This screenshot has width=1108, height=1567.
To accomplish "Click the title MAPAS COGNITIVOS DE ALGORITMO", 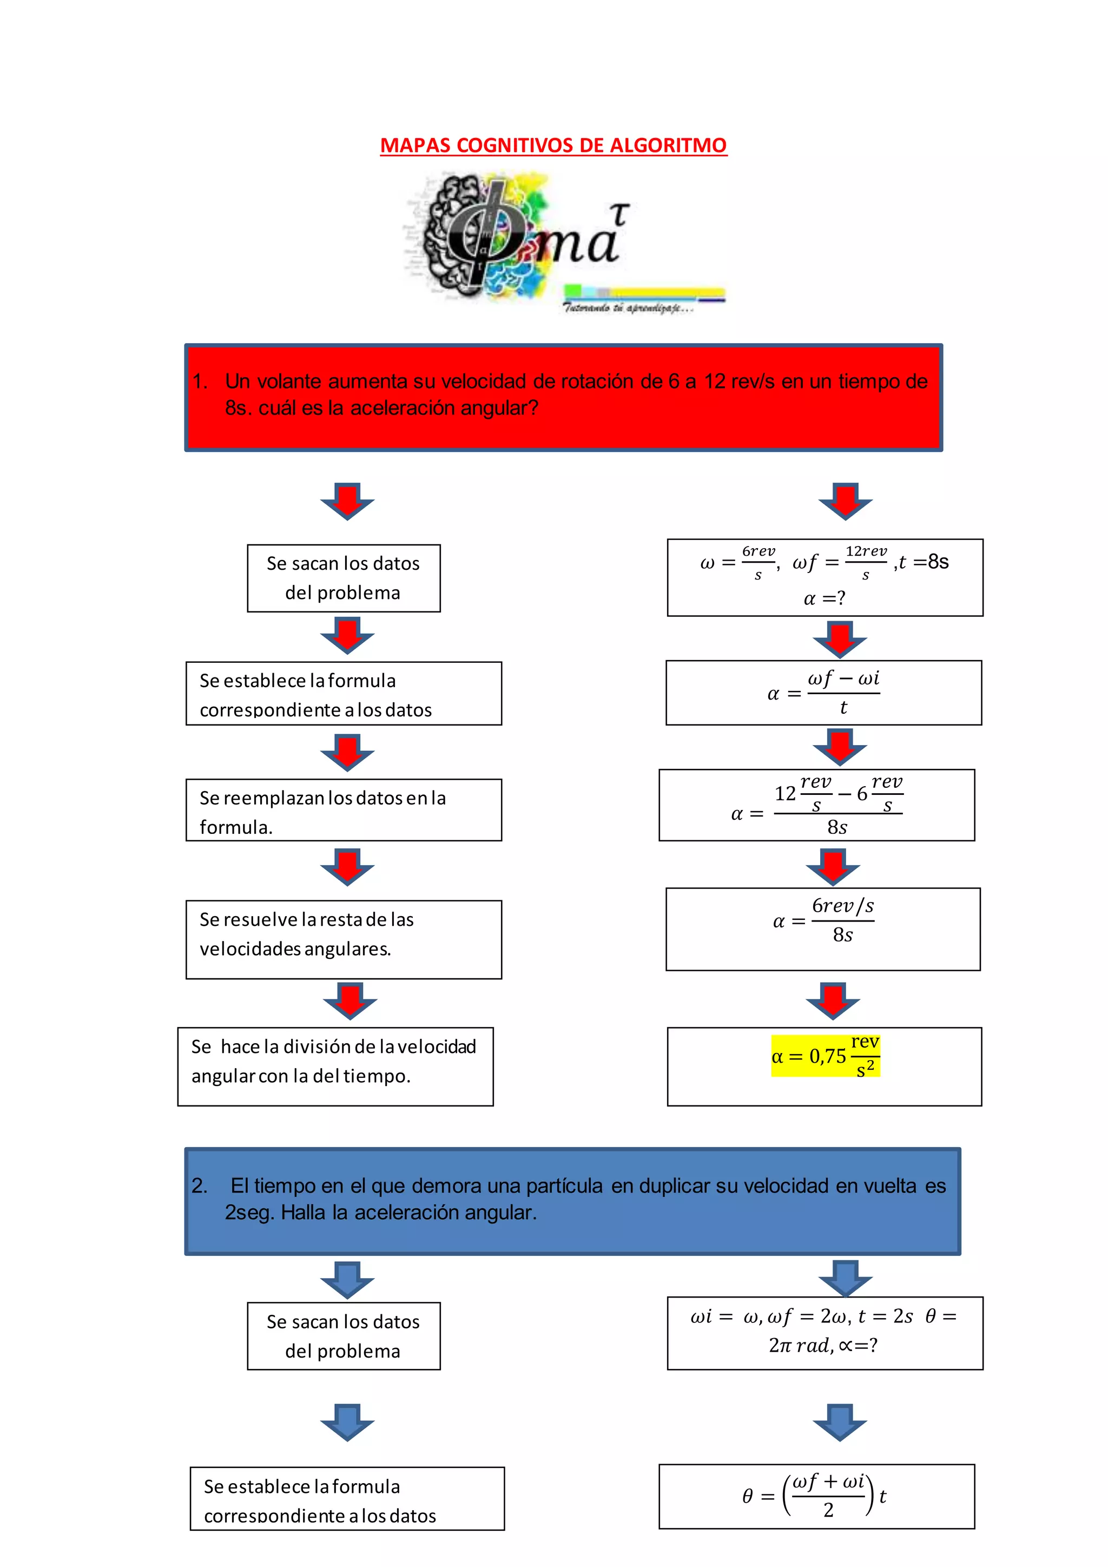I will (x=553, y=146).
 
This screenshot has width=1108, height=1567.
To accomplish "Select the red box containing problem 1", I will (x=564, y=397).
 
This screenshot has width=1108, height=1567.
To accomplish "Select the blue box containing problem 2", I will (x=572, y=1201).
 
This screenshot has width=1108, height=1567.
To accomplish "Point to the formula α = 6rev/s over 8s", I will (x=823, y=921).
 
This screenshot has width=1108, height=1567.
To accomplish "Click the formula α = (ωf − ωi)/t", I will (x=823, y=693).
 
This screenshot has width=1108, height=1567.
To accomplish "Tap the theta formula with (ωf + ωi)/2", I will (x=816, y=1496).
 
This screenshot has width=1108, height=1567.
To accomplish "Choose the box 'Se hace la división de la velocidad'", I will (x=335, y=1066).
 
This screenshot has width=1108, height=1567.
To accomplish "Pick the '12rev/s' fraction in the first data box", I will (x=866, y=562).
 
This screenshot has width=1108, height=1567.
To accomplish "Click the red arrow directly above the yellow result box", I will (x=833, y=1000).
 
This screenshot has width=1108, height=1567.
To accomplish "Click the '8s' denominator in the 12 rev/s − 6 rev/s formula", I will (x=837, y=827).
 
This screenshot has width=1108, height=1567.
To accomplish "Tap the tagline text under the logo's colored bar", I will (x=628, y=308).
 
